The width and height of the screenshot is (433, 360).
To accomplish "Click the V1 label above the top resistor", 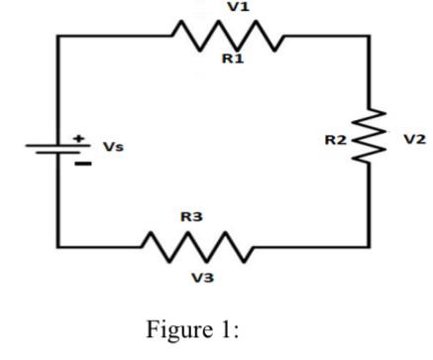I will pyautogui.click(x=234, y=8).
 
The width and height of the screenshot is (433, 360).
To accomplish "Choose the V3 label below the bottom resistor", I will pyautogui.click(x=202, y=276).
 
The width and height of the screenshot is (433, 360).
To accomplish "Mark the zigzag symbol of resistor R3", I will pyautogui.click(x=198, y=244).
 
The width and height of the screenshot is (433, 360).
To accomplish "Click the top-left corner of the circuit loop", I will pyautogui.click(x=58, y=37).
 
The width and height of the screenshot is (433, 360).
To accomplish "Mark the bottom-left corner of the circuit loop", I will pyautogui.click(x=58, y=244).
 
